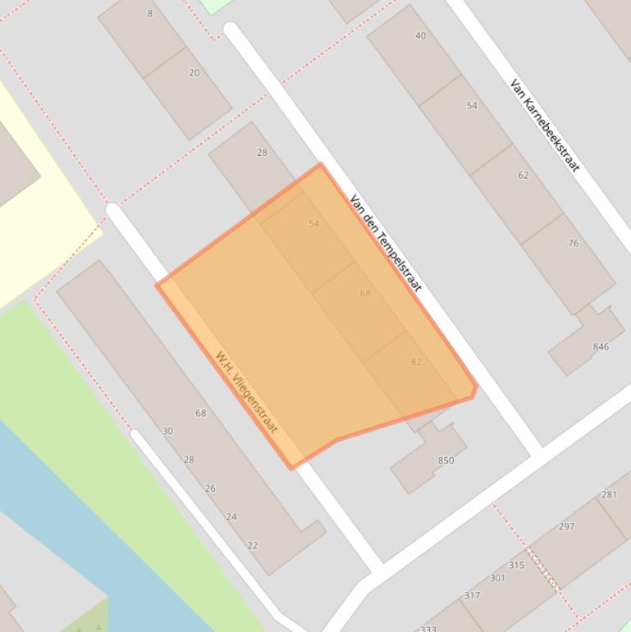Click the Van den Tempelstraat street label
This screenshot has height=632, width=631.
pos(386,243)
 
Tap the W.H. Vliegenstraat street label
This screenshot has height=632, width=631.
pos(247,392)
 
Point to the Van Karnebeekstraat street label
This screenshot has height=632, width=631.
pos(545,125)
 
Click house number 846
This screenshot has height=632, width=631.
pos(601,346)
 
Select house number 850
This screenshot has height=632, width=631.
pos(446,460)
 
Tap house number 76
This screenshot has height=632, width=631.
pos(573,243)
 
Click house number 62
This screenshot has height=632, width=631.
pos(523,175)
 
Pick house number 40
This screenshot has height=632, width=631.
pos(420,36)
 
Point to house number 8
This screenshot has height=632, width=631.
pos(149,13)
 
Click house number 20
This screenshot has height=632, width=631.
pos(194,73)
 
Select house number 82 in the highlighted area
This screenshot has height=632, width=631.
pos(416,362)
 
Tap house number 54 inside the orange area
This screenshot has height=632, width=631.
pos(313,223)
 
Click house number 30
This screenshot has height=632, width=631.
pos(167,431)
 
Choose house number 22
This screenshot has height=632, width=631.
pos(252,546)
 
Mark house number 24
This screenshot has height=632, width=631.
pos(231,517)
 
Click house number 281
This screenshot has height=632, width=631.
pos(609,494)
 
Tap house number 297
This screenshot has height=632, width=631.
pos(566,526)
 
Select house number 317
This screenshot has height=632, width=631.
pos(472,596)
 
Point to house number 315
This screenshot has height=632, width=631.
pos(516,565)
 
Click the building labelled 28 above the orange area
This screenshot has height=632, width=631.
pos(262,153)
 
